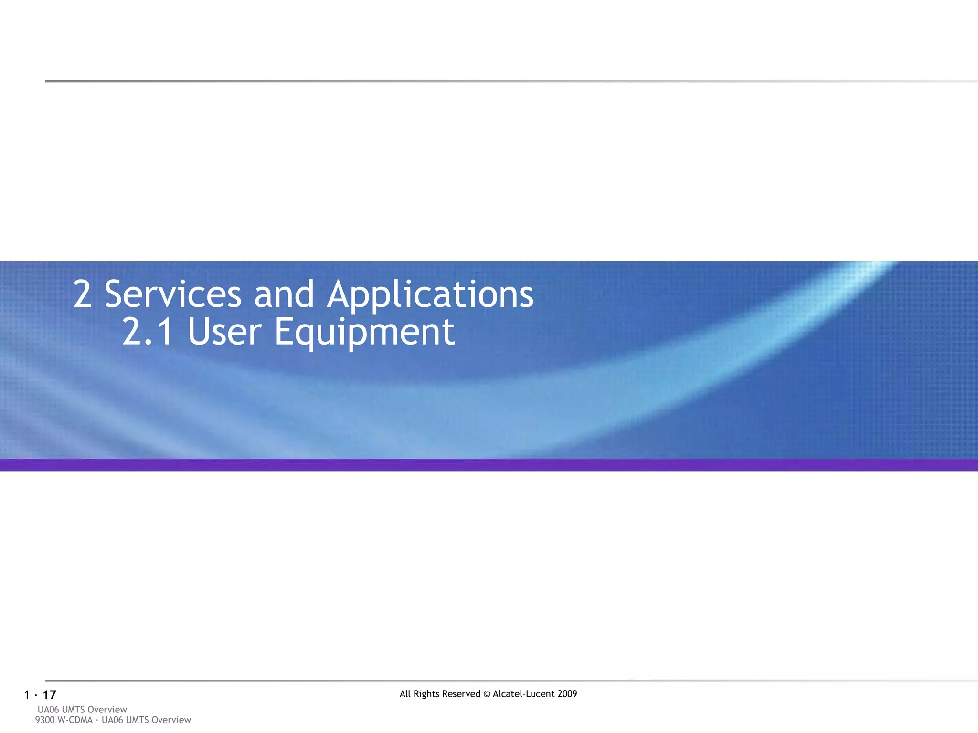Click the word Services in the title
pyautogui.click(x=173, y=294)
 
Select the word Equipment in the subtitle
pyautogui.click(x=364, y=333)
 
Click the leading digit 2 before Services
pyautogui.click(x=82, y=294)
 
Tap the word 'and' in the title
pyautogui.click(x=284, y=294)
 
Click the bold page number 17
pyautogui.click(x=49, y=695)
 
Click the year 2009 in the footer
pyautogui.click(x=567, y=694)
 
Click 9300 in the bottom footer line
pyautogui.click(x=45, y=720)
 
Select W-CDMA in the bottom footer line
pyautogui.click(x=74, y=720)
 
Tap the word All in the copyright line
pyautogui.click(x=405, y=694)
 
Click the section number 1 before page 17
pyautogui.click(x=27, y=695)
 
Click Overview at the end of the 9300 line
pyautogui.click(x=171, y=720)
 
